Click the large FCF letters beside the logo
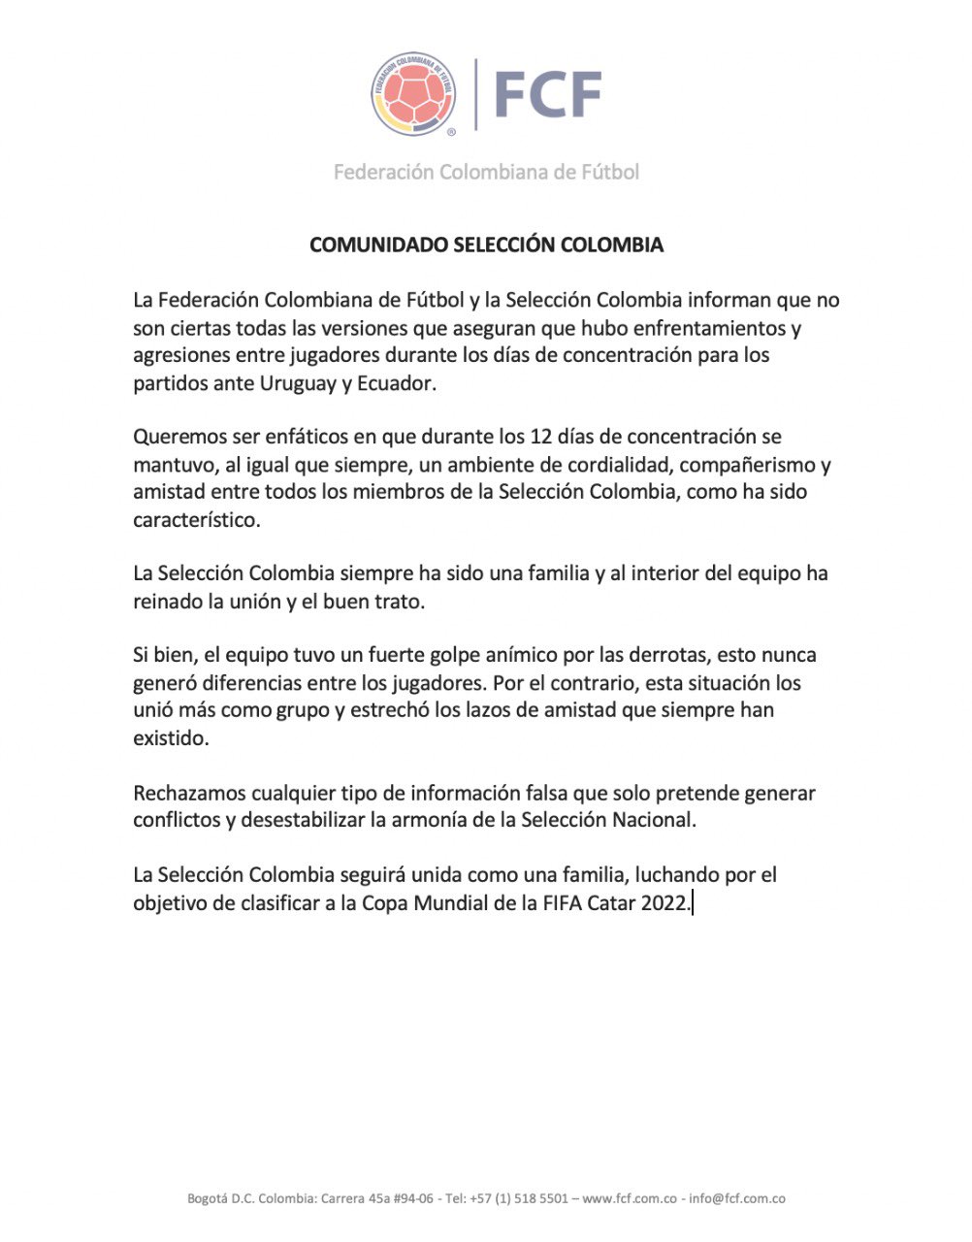pyautogui.click(x=548, y=94)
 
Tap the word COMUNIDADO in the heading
pyautogui.click(x=378, y=245)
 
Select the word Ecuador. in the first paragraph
pyautogui.click(x=397, y=382)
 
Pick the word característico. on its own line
pyautogui.click(x=197, y=519)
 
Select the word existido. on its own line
pyautogui.click(x=171, y=737)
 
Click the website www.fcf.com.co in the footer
pyautogui.click(x=630, y=1198)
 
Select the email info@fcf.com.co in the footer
pyautogui.click(x=737, y=1198)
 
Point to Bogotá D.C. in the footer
pyautogui.click(x=221, y=1198)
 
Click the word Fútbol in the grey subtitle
pyautogui.click(x=609, y=172)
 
